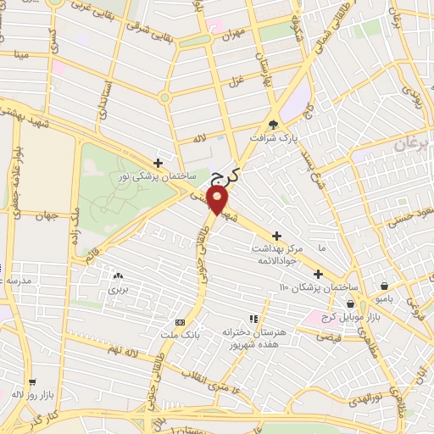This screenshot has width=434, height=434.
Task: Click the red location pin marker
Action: click(x=219, y=201)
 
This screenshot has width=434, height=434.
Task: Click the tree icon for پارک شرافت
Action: click(x=273, y=123)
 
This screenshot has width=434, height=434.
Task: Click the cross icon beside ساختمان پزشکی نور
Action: click(x=159, y=163)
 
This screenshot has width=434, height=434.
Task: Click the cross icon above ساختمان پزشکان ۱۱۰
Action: click(x=318, y=274)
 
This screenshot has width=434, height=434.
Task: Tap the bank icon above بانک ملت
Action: click(x=180, y=323)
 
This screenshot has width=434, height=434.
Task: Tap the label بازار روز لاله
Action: click(x=30, y=394)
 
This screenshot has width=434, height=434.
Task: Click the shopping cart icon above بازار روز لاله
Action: click(x=32, y=382)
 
